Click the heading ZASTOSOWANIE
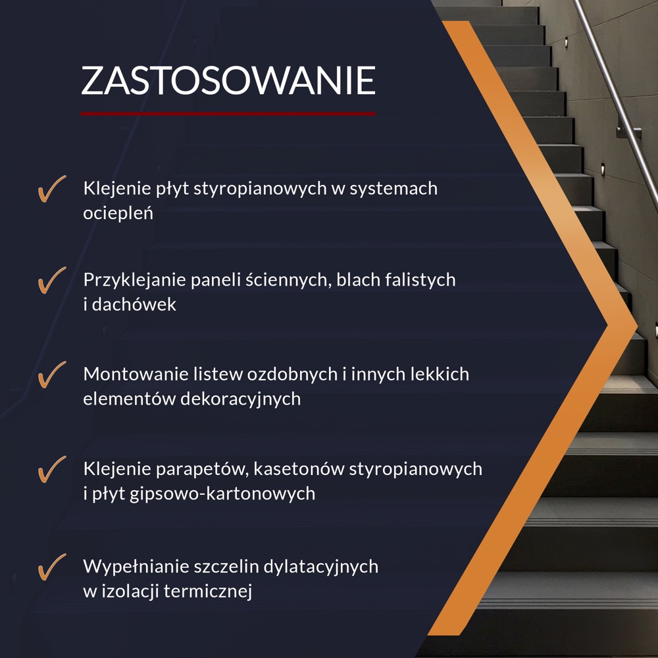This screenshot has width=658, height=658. pos(228,80)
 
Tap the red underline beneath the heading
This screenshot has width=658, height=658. pos(228,113)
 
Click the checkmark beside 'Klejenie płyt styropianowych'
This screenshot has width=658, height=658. pos(52,189)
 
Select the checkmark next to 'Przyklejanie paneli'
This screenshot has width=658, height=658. pos(52,280)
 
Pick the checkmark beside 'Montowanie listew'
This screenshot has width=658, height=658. pos(52,374)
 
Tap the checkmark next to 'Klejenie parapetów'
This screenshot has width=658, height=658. pos(52,469)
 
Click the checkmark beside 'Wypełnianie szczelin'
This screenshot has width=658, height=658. pos(52,567)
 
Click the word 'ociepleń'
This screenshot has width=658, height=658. pos(118,213)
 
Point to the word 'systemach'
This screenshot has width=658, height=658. pos(393,189)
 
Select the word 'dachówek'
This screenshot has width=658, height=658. pos(134,304)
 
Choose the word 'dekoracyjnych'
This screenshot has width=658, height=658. pos(240,399)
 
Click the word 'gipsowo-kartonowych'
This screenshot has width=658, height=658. pos(222,494)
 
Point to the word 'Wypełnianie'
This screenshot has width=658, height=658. pos(136,567)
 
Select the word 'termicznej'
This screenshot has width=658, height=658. pos(208,592)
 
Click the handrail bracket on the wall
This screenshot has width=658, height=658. pos(628,132)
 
